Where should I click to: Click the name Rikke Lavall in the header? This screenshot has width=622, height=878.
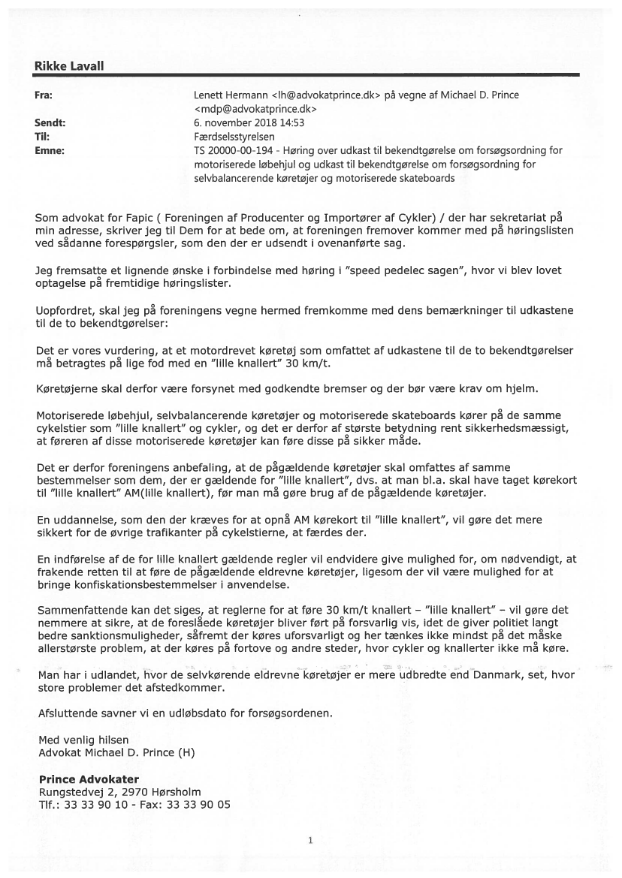[69, 66]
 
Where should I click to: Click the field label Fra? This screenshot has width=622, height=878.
[44, 95]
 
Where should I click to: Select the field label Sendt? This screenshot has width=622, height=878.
[50, 123]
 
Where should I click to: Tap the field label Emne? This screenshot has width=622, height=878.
[50, 150]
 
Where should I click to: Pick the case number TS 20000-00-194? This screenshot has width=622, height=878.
[230, 150]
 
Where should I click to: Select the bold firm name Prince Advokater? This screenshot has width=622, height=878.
[89, 779]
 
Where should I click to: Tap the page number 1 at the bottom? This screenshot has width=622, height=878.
[309, 840]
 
